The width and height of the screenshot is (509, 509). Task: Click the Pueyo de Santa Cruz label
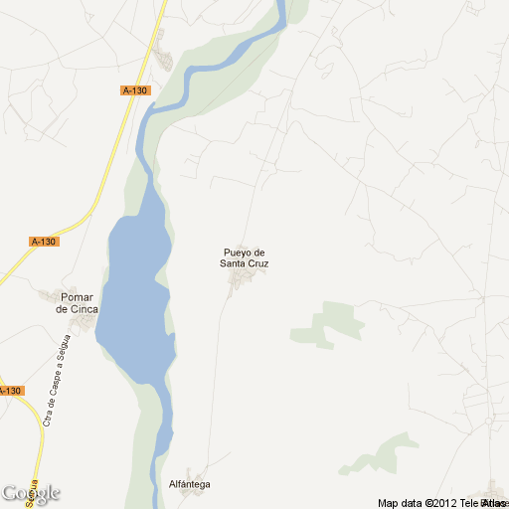[x=245, y=258]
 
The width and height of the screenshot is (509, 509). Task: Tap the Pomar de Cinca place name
[x=77, y=302]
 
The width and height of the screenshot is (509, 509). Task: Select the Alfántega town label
[x=190, y=483]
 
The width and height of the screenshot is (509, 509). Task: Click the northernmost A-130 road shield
[x=135, y=90]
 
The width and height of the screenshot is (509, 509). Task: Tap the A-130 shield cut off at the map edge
[x=10, y=391]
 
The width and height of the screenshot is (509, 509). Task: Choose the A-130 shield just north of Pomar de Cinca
[x=44, y=242]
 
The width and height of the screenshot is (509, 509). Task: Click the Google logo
[x=31, y=493]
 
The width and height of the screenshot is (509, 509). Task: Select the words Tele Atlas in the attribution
[x=480, y=503]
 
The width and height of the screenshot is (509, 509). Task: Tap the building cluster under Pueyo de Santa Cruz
[x=240, y=282]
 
